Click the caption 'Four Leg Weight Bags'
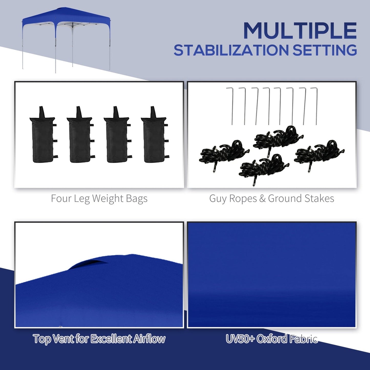(x=99, y=199)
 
